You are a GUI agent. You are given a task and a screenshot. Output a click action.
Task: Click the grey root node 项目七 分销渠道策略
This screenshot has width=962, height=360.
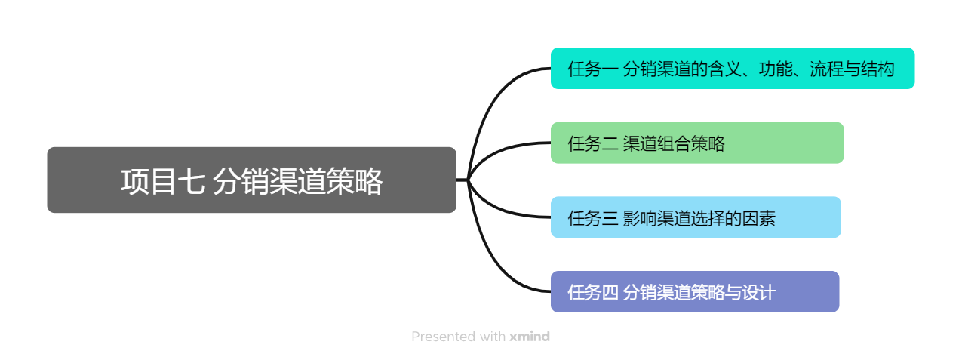[252, 180]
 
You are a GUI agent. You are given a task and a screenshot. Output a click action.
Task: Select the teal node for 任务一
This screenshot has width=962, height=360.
[733, 69]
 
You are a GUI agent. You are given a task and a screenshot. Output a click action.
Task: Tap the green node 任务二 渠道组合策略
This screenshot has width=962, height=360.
[697, 143]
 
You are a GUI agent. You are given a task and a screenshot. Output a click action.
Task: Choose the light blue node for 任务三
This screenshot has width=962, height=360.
[696, 217]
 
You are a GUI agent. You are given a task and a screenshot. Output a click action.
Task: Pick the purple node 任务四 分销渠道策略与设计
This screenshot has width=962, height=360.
[695, 291]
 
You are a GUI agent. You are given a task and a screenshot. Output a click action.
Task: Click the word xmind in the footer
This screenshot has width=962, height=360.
[530, 337]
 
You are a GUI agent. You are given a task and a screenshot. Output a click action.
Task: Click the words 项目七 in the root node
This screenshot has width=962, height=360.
[163, 181]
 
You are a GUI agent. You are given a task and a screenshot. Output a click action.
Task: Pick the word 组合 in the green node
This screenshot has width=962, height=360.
[674, 143]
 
